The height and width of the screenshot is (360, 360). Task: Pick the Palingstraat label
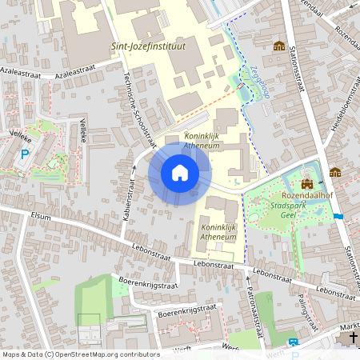click(302, 305)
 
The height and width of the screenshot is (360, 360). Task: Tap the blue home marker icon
click(179, 173)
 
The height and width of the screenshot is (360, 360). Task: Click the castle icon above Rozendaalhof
click(306, 183)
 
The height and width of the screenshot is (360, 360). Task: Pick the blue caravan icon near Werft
click(294, 342)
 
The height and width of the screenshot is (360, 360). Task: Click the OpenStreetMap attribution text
click(80, 354)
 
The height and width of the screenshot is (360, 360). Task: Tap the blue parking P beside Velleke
click(24, 154)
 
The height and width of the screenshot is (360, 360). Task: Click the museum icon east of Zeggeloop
click(279, 46)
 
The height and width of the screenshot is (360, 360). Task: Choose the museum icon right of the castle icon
click(334, 172)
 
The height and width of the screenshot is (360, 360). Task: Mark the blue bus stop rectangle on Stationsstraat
click(338, 216)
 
